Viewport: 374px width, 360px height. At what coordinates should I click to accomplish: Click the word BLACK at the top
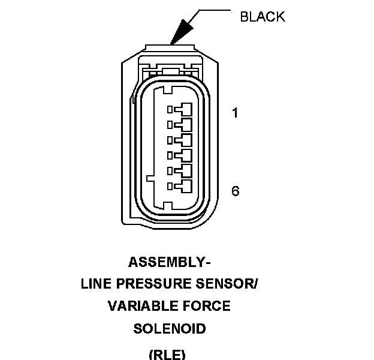click(263, 17)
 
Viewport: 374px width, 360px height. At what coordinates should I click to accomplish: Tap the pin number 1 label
click(235, 112)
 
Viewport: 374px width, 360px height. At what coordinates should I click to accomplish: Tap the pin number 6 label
click(235, 191)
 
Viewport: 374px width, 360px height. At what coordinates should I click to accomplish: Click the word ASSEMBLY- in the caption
click(170, 262)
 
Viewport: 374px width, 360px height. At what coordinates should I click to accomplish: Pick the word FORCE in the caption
click(207, 307)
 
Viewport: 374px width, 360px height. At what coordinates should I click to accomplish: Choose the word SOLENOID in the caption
click(170, 329)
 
